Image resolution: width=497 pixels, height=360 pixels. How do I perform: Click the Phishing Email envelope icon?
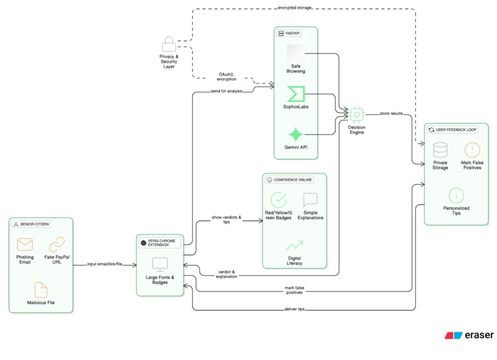click(25, 244)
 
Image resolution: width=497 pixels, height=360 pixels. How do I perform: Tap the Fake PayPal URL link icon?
click(57, 244)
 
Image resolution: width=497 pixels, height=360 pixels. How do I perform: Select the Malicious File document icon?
click(41, 289)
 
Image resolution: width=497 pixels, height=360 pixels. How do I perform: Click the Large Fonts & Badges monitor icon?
click(160, 265)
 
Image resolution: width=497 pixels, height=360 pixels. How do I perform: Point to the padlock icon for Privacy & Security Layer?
click(168, 44)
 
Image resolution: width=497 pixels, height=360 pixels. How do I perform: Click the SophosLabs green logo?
click(295, 94)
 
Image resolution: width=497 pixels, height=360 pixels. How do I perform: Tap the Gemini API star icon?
click(295, 134)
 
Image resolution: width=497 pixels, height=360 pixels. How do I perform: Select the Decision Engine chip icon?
click(356, 114)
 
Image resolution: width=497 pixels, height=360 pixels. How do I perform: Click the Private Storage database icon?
click(440, 150)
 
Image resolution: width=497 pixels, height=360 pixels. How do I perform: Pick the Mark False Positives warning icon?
click(472, 150)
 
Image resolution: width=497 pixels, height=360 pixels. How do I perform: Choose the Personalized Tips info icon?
click(456, 195)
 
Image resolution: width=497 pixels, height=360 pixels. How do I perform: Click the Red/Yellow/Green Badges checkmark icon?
click(278, 200)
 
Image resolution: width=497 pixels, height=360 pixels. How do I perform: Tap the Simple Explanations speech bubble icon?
click(310, 200)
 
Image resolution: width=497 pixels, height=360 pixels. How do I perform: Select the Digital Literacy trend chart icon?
click(294, 245)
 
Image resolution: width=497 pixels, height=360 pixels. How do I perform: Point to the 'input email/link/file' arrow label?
click(104, 264)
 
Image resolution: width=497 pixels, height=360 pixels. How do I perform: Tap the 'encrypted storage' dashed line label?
click(294, 8)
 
